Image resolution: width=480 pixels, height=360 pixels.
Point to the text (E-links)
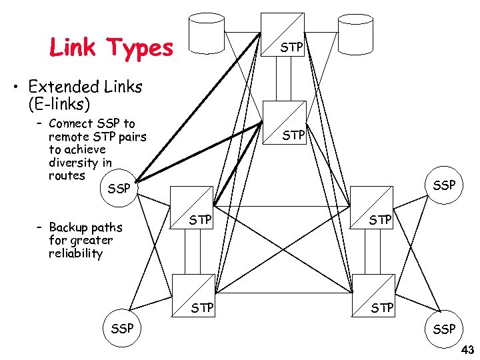[59, 105]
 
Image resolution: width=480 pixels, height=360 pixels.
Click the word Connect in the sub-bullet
[71, 123]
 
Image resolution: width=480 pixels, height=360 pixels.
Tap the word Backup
[71, 227]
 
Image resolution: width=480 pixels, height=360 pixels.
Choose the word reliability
[76, 253]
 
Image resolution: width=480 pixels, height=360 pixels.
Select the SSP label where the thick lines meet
[119, 189]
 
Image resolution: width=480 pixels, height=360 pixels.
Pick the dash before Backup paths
[40, 227]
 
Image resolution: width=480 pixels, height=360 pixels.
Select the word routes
[67, 176]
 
